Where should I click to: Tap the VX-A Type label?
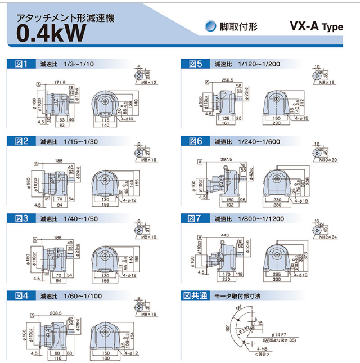coord(316,26)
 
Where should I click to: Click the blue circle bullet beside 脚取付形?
coord(210,26)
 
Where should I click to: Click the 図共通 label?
coord(198,295)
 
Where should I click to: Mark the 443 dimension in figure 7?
coord(227,235)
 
